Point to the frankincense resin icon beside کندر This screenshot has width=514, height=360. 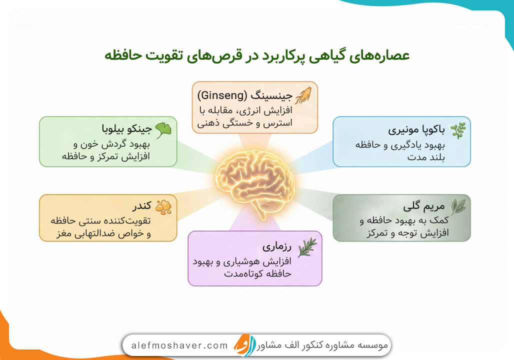point(163,206)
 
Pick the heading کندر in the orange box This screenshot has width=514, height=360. point(142,207)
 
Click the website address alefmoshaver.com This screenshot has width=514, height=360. point(179,345)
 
